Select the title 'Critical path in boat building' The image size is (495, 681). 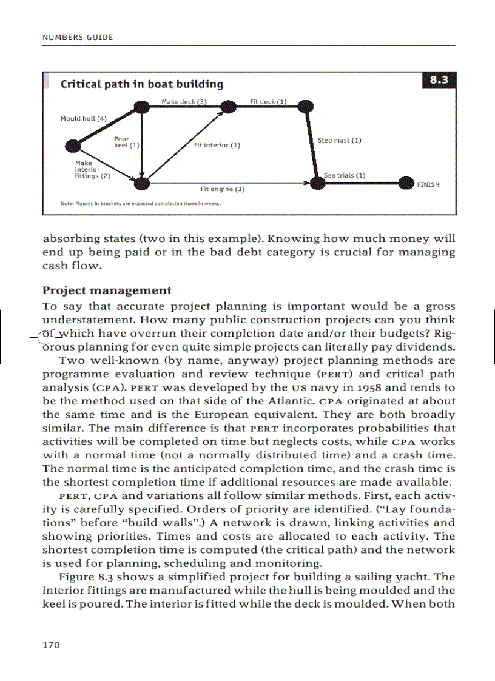141,84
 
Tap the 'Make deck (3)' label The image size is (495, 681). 184,101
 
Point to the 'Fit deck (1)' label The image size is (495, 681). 268,101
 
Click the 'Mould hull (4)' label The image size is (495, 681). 83,118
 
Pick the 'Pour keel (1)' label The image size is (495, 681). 126,143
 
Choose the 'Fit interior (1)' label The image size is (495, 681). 217,146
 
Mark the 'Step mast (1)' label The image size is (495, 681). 339,141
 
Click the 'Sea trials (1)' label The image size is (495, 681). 345,175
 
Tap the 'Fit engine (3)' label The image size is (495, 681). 222,189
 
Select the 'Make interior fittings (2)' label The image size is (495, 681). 92,170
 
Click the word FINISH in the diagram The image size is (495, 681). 428,184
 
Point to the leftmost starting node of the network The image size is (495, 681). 73,146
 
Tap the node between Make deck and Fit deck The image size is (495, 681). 228,107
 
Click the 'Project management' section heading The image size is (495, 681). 107,290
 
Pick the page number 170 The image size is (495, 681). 51,645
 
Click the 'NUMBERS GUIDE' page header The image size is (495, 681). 78,38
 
